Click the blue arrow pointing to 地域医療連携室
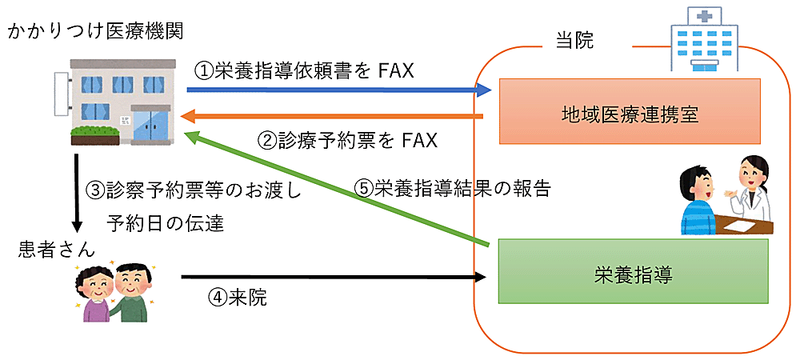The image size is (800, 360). (x=336, y=91)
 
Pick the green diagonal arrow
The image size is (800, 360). (x=336, y=188)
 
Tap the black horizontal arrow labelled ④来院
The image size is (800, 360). (x=336, y=278)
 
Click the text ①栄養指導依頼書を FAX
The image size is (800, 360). (x=304, y=71)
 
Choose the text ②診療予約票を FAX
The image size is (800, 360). (x=347, y=141)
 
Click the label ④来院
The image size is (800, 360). (x=237, y=298)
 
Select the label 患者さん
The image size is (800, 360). (x=50, y=250)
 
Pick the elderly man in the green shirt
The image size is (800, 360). (x=130, y=294)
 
